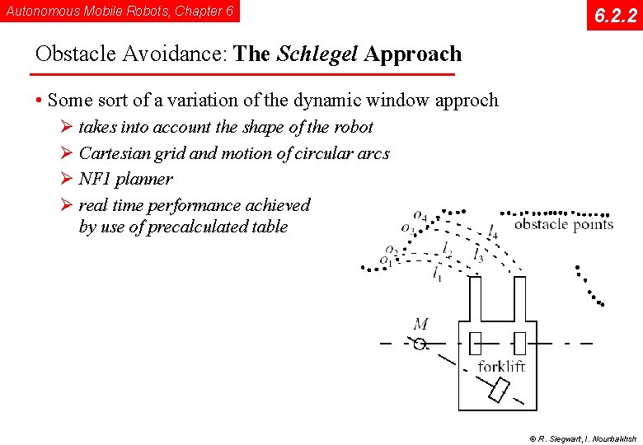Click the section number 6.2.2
point(614,15)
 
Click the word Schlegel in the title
point(317,54)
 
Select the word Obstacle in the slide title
point(76,54)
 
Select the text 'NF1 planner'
point(125,179)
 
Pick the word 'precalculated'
point(199,227)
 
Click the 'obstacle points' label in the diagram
point(564,224)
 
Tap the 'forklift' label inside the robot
point(501,366)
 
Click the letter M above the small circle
point(420,325)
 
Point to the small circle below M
point(420,344)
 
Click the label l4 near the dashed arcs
point(492,232)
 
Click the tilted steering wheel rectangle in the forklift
point(500,390)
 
